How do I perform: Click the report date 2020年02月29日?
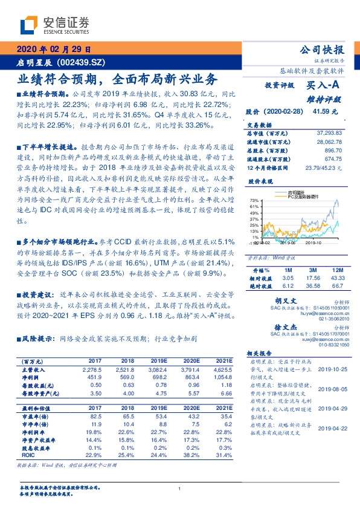point(53,50)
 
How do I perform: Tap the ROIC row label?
point(25,439)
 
